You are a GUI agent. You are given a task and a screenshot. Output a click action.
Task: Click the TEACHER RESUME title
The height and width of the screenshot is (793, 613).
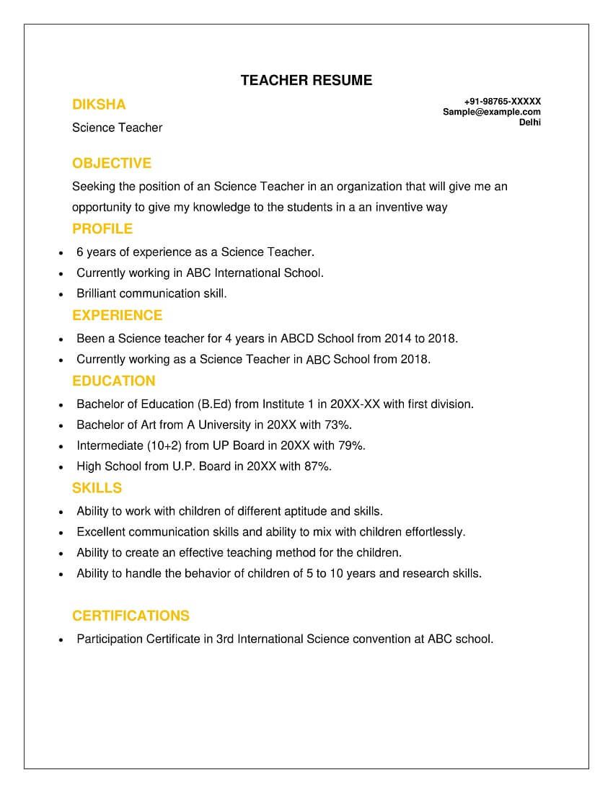point(306,80)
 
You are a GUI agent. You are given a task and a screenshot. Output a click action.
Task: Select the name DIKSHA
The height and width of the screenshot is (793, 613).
point(99,105)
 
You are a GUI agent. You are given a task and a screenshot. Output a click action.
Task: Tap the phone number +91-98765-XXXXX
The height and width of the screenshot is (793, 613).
point(503,102)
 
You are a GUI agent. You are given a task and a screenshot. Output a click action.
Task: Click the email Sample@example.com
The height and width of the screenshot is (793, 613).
point(492,112)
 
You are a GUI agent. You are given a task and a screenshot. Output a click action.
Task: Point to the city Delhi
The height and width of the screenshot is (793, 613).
point(530,122)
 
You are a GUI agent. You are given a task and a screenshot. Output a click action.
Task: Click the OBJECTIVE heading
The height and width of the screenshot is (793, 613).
point(112,164)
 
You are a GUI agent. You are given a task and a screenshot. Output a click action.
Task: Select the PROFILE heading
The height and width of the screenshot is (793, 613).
point(102,229)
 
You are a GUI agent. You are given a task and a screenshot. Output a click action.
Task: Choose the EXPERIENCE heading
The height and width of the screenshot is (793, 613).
point(118,316)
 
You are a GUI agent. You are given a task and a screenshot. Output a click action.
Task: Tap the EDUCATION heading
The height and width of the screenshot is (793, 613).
point(114,381)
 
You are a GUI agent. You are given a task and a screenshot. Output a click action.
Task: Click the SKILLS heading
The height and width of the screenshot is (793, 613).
point(97,489)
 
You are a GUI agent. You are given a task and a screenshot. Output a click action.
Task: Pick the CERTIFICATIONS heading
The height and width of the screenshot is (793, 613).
point(131,616)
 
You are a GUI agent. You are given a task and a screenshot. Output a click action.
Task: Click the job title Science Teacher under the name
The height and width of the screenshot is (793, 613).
point(117,128)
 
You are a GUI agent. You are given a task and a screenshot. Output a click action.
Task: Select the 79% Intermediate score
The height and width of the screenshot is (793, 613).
point(351,446)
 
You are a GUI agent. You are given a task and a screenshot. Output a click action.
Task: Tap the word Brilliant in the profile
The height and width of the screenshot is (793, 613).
point(97,293)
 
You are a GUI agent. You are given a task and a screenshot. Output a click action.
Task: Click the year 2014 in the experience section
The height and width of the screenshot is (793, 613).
point(397,338)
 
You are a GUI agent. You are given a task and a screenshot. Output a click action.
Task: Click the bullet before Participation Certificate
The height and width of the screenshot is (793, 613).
point(61,640)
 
